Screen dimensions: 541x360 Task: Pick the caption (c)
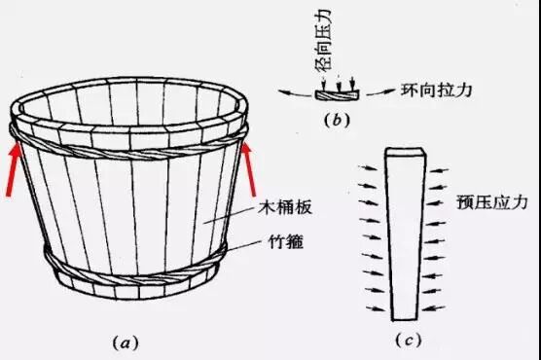(x=407, y=338)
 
